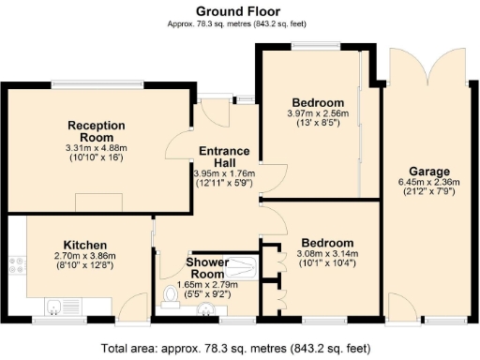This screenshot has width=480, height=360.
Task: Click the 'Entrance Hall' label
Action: [223, 157]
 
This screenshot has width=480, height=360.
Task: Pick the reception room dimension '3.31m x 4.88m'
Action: [91, 147]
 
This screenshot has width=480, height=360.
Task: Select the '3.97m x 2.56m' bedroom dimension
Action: [318, 112]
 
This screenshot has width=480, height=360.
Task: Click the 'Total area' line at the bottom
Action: [240, 345]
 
